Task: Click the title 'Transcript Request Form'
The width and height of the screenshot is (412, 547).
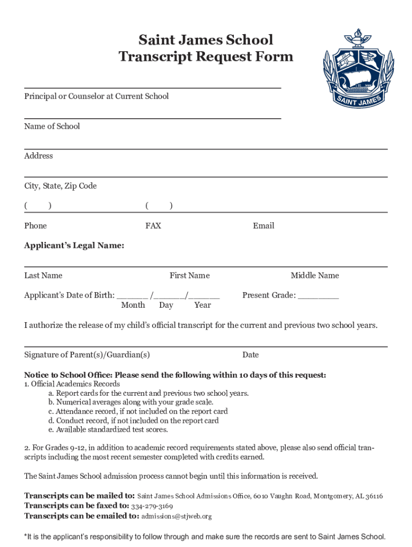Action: tap(206, 57)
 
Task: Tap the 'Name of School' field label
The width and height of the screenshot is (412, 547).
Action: tap(52, 127)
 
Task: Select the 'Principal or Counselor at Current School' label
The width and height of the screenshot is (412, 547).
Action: tap(96, 96)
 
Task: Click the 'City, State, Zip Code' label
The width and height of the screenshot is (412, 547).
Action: tap(60, 186)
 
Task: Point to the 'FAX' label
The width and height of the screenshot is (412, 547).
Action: tap(153, 226)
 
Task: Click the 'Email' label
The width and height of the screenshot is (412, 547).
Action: tap(263, 226)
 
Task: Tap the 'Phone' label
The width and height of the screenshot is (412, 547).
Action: tap(35, 226)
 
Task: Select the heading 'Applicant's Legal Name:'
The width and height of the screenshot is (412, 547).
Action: tap(74, 246)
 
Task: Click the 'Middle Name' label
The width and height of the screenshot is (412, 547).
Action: tap(315, 276)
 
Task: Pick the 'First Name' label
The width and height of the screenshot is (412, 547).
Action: tap(189, 276)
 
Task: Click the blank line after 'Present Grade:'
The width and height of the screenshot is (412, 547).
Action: tap(318, 296)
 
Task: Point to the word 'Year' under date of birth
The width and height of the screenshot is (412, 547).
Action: tap(202, 305)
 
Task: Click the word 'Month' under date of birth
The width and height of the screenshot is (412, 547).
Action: tap(133, 305)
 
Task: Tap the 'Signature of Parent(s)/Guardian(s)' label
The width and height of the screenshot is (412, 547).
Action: tap(87, 355)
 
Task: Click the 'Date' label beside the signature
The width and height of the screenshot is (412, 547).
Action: tap(250, 355)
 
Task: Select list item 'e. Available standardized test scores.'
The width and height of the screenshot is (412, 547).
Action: tap(108, 429)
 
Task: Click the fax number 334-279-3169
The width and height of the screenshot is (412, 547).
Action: tap(152, 506)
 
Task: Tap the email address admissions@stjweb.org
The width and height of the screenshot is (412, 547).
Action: tap(177, 516)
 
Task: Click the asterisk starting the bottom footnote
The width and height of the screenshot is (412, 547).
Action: tap(26, 536)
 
